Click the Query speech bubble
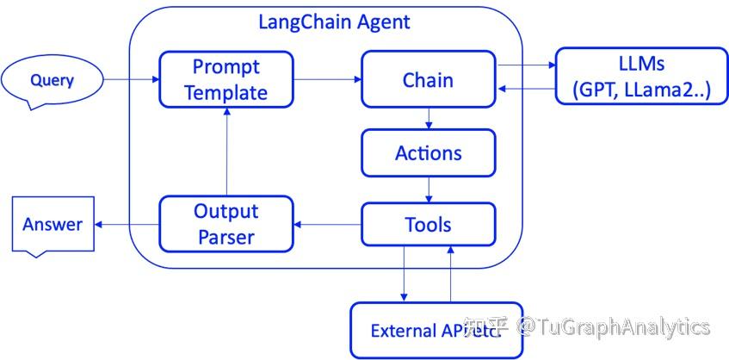click(53, 81)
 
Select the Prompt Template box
click(225, 79)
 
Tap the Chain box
click(428, 80)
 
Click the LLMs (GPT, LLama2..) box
click(635, 77)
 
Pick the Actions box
click(428, 153)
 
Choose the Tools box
click(428, 225)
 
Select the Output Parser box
click(225, 224)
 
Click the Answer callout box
click(53, 224)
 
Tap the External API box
click(436, 330)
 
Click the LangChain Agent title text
click(335, 22)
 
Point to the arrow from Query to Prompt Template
click(132, 80)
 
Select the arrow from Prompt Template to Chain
click(326, 80)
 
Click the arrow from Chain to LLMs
click(526, 65)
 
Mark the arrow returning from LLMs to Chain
click(526, 89)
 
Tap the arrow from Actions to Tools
click(429, 189)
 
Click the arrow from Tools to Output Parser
click(326, 225)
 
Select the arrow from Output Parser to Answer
click(126, 225)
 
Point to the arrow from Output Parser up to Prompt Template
click(225, 151)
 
